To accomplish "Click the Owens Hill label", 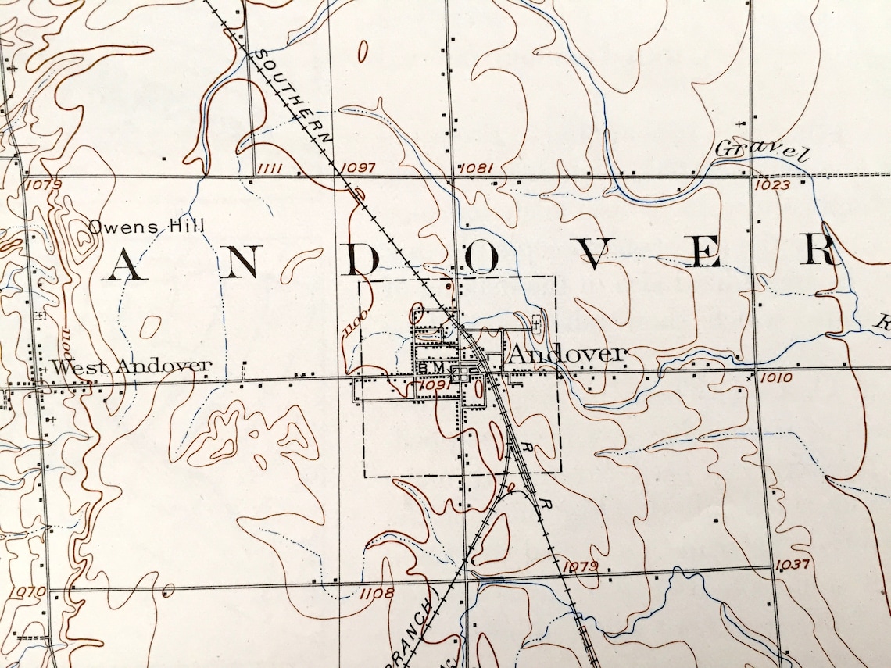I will [146, 227].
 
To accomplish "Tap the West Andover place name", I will [131, 366].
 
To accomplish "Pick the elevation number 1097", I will [359, 168].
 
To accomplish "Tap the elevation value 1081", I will [475, 168].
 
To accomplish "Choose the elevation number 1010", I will [775, 378].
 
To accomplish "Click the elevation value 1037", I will [792, 565].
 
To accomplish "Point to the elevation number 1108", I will [378, 593].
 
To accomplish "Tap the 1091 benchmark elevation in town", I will [432, 384].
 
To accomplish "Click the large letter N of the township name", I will [242, 263].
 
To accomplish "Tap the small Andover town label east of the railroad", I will [567, 354].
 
